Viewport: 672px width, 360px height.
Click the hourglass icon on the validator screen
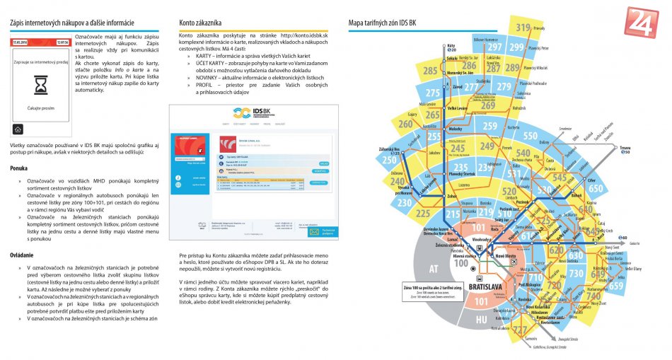(40, 86)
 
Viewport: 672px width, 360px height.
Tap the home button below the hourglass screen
(18, 129)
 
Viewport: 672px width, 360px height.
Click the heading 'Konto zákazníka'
(201, 23)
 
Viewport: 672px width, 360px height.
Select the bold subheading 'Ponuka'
(19, 168)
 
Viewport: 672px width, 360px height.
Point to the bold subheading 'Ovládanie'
(23, 254)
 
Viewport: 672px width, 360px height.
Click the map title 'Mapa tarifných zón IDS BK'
(388, 23)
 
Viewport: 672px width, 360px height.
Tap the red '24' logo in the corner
(641, 22)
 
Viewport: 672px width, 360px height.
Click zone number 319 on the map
(523, 28)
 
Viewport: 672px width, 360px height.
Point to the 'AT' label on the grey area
(434, 269)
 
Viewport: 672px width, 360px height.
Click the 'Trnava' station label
(625, 148)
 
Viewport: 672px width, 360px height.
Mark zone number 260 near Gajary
(405, 124)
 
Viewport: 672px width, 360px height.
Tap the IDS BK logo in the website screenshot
(253, 114)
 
